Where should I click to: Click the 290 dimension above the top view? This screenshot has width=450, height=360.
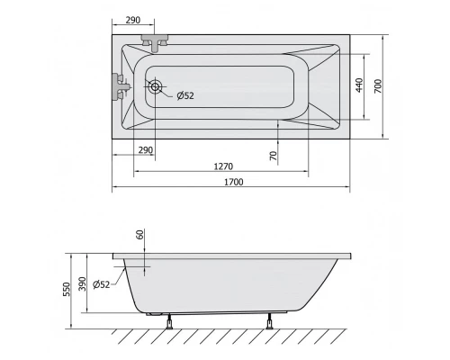point(133,20)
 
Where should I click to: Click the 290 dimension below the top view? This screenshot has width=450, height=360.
point(146,149)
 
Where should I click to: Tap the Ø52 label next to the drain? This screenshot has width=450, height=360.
point(185,95)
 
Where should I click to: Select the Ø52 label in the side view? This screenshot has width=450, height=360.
point(102,284)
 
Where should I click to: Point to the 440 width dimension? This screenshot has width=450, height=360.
point(359,85)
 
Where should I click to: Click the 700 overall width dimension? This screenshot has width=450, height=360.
point(378,86)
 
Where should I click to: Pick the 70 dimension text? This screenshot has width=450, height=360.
point(274,156)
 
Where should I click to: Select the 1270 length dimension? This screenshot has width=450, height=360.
point(223,166)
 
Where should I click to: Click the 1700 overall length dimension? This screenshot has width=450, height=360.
point(234,182)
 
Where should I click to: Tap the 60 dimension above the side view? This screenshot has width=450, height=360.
point(140,234)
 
